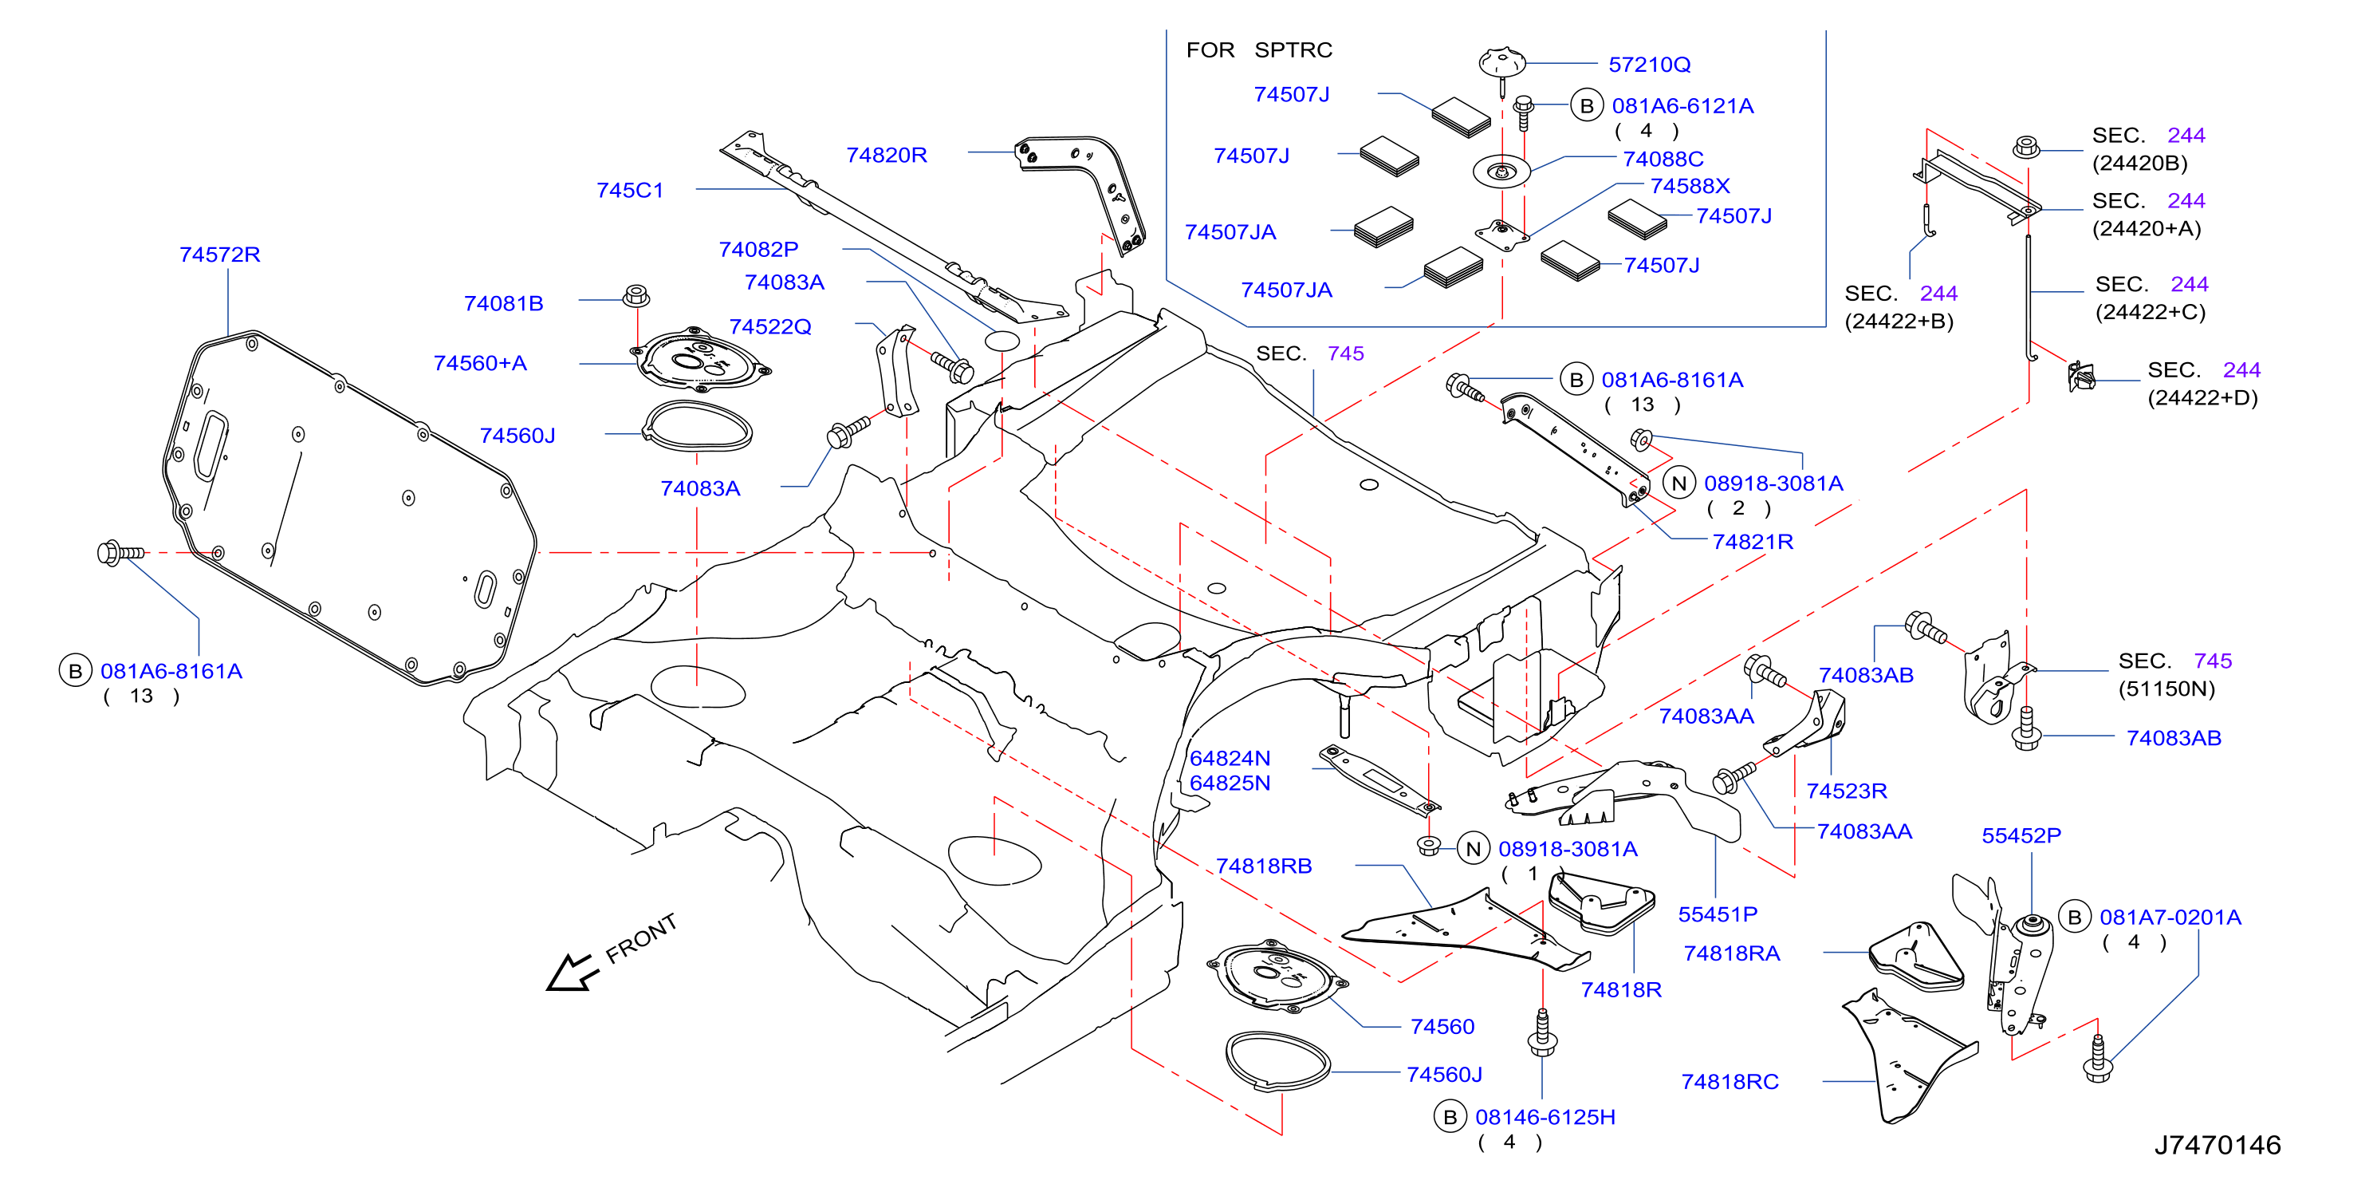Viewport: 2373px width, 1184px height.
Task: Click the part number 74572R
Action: click(x=219, y=255)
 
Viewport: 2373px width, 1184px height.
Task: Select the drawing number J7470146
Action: click(x=2217, y=1144)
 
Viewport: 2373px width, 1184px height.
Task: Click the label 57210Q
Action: click(x=1649, y=65)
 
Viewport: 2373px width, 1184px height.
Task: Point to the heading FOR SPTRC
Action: click(x=1258, y=49)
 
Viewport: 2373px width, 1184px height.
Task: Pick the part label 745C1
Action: click(x=629, y=190)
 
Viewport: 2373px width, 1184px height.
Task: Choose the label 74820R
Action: click(x=886, y=155)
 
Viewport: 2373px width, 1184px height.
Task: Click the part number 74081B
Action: click(x=503, y=303)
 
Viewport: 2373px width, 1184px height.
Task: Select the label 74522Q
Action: click(x=770, y=327)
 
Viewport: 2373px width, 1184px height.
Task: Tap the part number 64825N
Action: click(x=1230, y=783)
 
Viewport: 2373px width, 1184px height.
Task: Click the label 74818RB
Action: click(x=1263, y=866)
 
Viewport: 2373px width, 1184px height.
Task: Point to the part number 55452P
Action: click(x=2021, y=835)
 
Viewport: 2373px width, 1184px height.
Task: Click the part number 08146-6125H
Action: click(x=1545, y=1117)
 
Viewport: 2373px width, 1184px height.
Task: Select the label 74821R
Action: click(x=1752, y=542)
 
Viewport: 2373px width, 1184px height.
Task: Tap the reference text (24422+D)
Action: click(x=2202, y=398)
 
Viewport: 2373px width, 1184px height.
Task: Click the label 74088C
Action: click(x=1663, y=159)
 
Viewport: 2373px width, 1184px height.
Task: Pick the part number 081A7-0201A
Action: click(x=2170, y=918)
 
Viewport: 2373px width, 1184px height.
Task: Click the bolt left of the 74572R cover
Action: click(x=120, y=553)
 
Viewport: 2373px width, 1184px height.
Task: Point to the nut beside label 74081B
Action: click(x=636, y=296)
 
